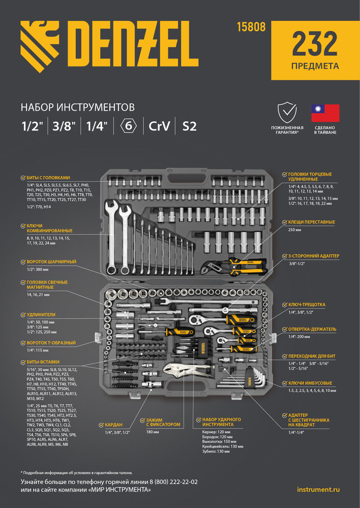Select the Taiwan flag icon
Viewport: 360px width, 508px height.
(325, 112)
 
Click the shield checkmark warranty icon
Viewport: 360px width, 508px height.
(287, 112)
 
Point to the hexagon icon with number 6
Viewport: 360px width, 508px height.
(128, 125)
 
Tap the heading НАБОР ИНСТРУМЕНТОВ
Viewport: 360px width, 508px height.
(77, 107)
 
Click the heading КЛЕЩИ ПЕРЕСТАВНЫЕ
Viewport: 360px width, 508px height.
(311, 222)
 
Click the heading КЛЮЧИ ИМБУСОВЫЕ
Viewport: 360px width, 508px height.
(310, 382)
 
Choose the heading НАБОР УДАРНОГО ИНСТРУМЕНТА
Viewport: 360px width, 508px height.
(221, 422)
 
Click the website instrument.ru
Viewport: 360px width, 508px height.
(318, 489)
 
